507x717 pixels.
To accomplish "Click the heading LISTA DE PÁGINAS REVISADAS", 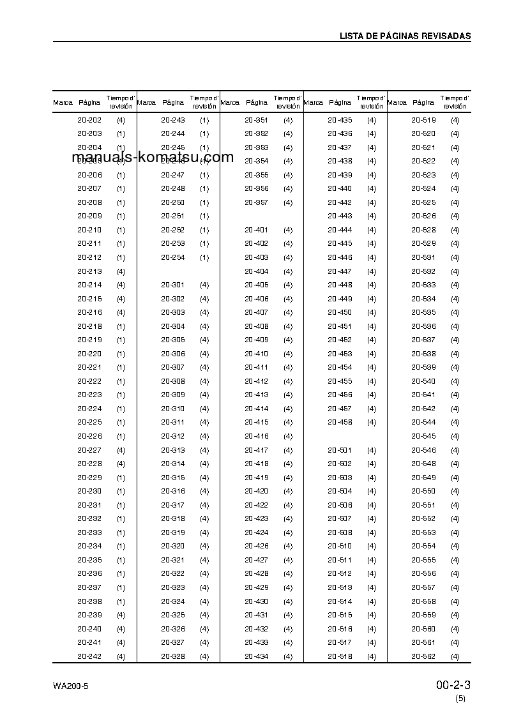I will click(x=405, y=36).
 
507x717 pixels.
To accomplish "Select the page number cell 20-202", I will click(x=89, y=120).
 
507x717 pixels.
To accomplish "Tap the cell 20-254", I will click(x=173, y=257).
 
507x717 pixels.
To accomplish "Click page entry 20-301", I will click(x=173, y=285).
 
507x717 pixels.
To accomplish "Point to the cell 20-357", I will click(x=257, y=202).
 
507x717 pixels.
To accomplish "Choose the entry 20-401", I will click(x=257, y=230).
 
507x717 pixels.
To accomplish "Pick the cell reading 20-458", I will click(x=340, y=422).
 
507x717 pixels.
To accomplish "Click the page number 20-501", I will click(x=340, y=450).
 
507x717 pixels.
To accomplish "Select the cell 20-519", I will click(x=423, y=120).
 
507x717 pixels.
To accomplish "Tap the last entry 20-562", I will click(x=423, y=656).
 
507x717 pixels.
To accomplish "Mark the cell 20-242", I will click(x=89, y=656).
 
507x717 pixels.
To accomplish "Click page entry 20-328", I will click(x=173, y=656).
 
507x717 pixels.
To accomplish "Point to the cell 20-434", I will click(x=257, y=656).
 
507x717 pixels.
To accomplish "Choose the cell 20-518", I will click(x=340, y=656).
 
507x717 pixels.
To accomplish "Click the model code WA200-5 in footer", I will click(x=71, y=686).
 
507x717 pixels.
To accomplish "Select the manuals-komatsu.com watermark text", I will click(x=153, y=158).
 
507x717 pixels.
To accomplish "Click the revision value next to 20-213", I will click(x=121, y=271).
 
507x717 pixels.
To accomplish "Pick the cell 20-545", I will click(x=423, y=436).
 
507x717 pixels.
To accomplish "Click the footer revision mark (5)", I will click(x=460, y=698).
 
